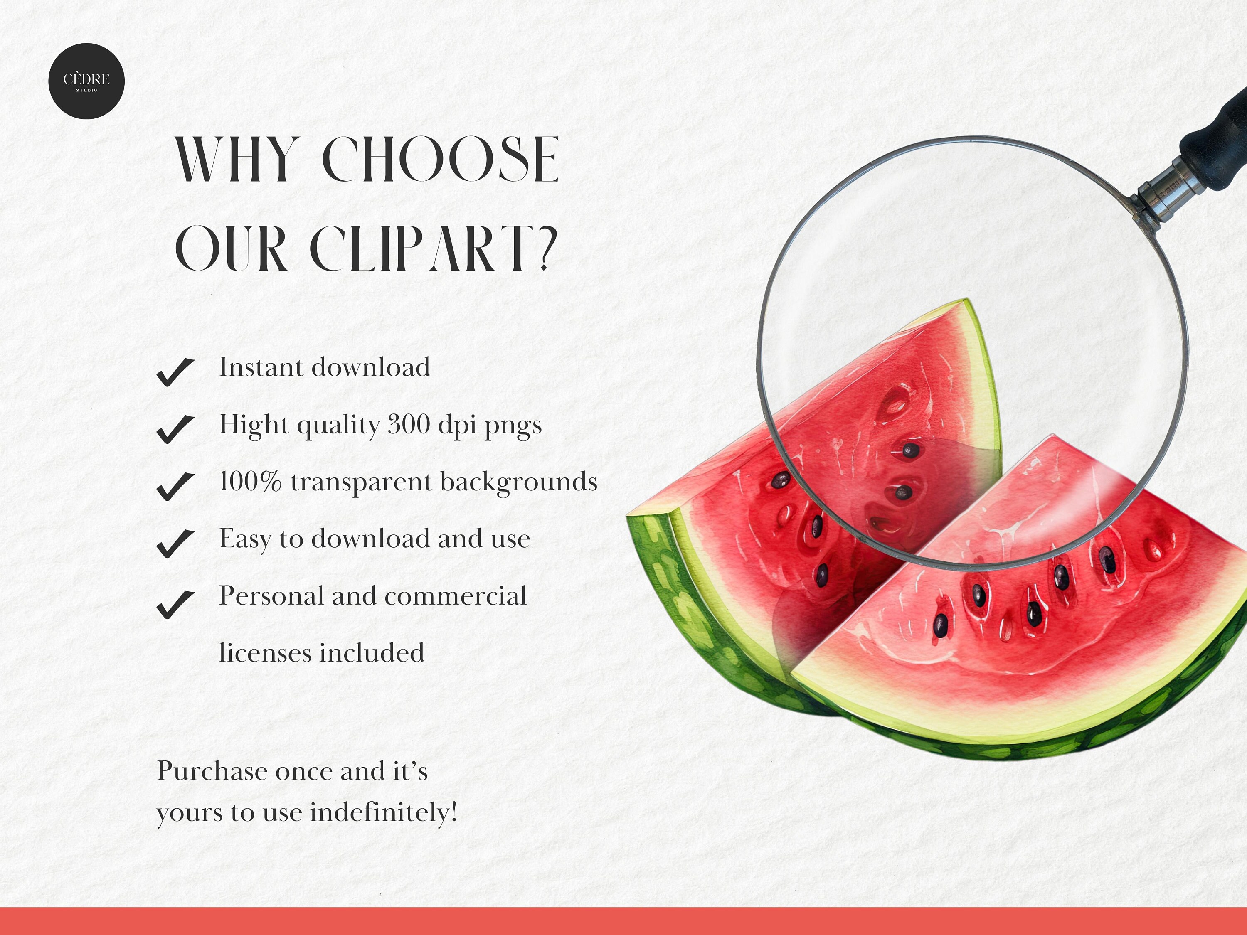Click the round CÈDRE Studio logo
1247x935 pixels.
pos(86,81)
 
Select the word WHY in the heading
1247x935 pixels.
pos(236,160)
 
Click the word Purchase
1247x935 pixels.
pos(212,771)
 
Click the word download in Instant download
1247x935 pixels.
pos(371,367)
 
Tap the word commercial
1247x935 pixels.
pos(456,596)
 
